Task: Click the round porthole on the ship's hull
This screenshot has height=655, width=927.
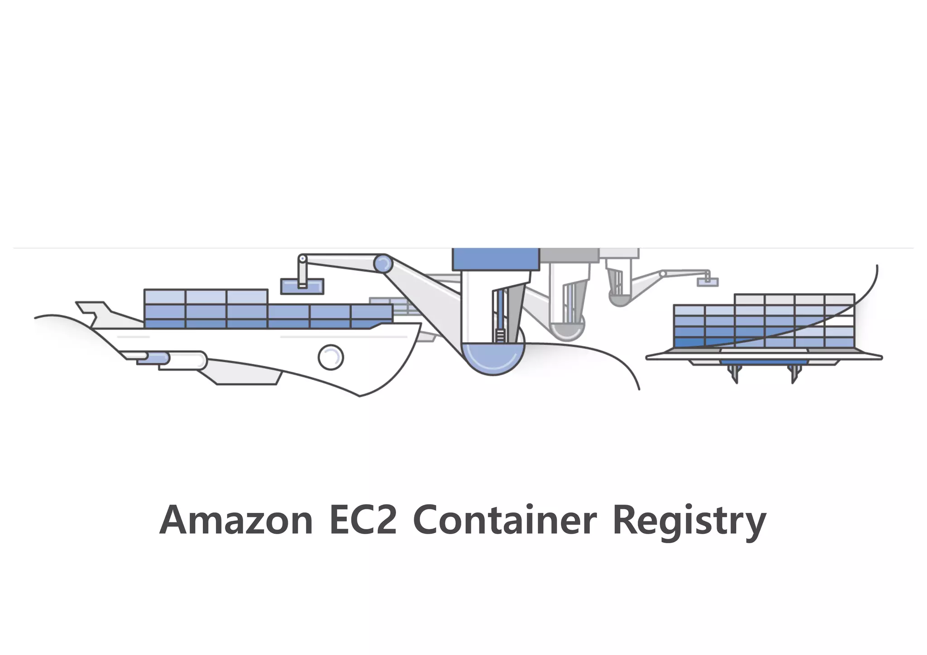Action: click(x=331, y=358)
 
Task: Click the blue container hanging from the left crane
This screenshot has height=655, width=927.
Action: click(x=302, y=286)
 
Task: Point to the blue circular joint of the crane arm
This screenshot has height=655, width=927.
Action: click(x=383, y=264)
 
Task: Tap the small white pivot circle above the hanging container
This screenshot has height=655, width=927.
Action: click(x=302, y=258)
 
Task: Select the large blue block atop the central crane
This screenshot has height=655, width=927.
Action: click(x=496, y=259)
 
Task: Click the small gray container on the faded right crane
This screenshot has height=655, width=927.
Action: click(x=707, y=282)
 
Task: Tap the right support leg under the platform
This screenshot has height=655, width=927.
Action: click(x=793, y=374)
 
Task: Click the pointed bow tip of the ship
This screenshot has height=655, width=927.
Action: click(x=419, y=325)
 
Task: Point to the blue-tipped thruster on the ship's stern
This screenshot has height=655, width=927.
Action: click(x=154, y=359)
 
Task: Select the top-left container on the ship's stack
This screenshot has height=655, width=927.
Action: click(x=164, y=297)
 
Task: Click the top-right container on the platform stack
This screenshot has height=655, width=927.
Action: click(x=839, y=300)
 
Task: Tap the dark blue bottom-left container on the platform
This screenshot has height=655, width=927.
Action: click(x=689, y=343)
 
